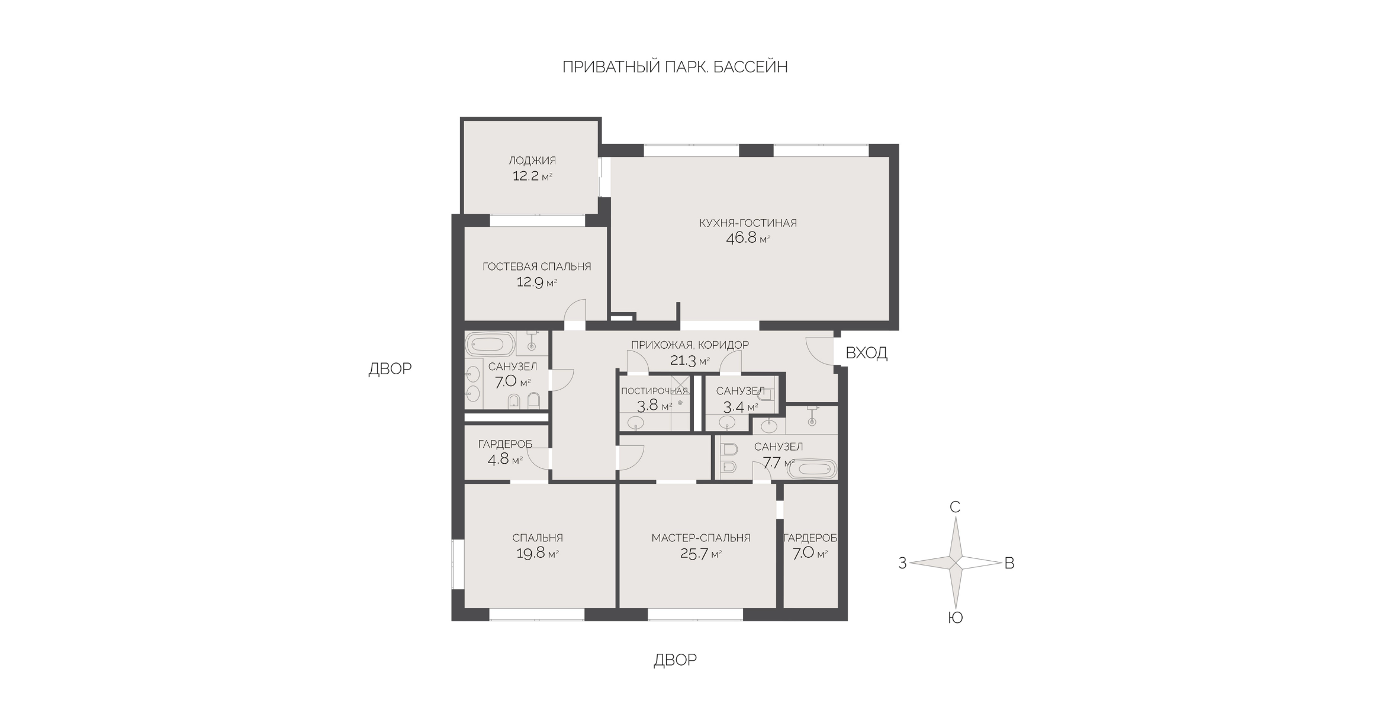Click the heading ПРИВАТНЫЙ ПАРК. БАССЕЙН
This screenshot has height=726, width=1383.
coord(675,67)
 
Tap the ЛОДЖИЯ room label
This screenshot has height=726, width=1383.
coord(532,160)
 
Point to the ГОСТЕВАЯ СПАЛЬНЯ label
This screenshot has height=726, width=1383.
coord(536,266)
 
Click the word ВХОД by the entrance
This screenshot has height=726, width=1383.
coord(866,353)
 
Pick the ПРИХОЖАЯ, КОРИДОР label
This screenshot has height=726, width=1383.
coord(690,345)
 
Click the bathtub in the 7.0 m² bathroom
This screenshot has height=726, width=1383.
coord(490,344)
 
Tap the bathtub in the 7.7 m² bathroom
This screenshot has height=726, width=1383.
coord(812,470)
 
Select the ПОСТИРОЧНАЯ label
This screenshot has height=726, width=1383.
coord(655,391)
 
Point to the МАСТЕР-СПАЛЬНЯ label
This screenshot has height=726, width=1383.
coord(701,538)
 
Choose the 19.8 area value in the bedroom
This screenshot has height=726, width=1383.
coord(530,554)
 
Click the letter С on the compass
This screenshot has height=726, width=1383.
coord(954,507)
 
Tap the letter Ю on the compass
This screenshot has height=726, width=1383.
coord(955,618)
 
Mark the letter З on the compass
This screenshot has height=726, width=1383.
coord(902,563)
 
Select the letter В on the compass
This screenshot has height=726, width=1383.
coord(1009,563)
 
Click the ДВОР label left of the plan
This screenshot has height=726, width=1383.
coord(390,369)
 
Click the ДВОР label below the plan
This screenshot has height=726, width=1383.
coord(675,660)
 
